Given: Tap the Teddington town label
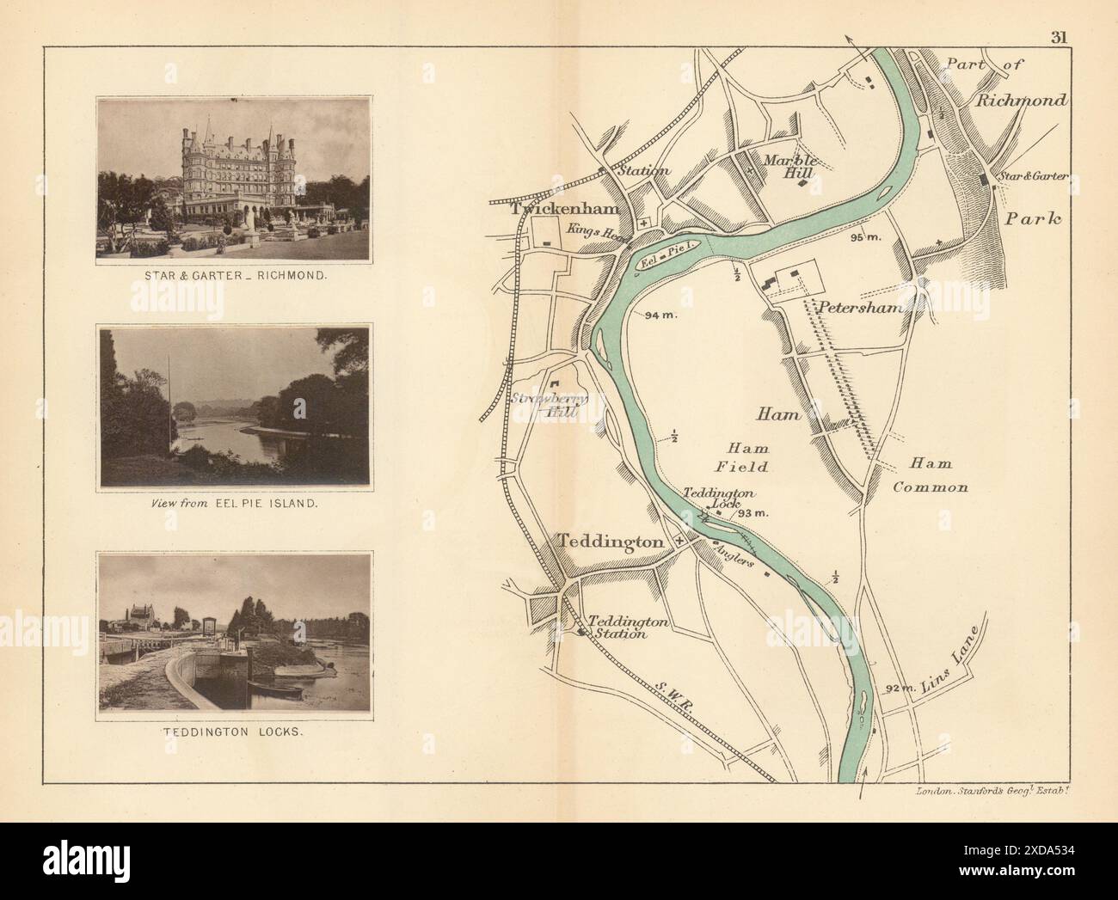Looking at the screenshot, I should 611,542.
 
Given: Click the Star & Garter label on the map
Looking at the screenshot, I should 1031,176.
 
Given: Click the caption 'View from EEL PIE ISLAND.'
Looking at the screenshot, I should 234,504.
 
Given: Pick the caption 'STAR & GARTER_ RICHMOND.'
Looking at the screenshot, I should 234,279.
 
